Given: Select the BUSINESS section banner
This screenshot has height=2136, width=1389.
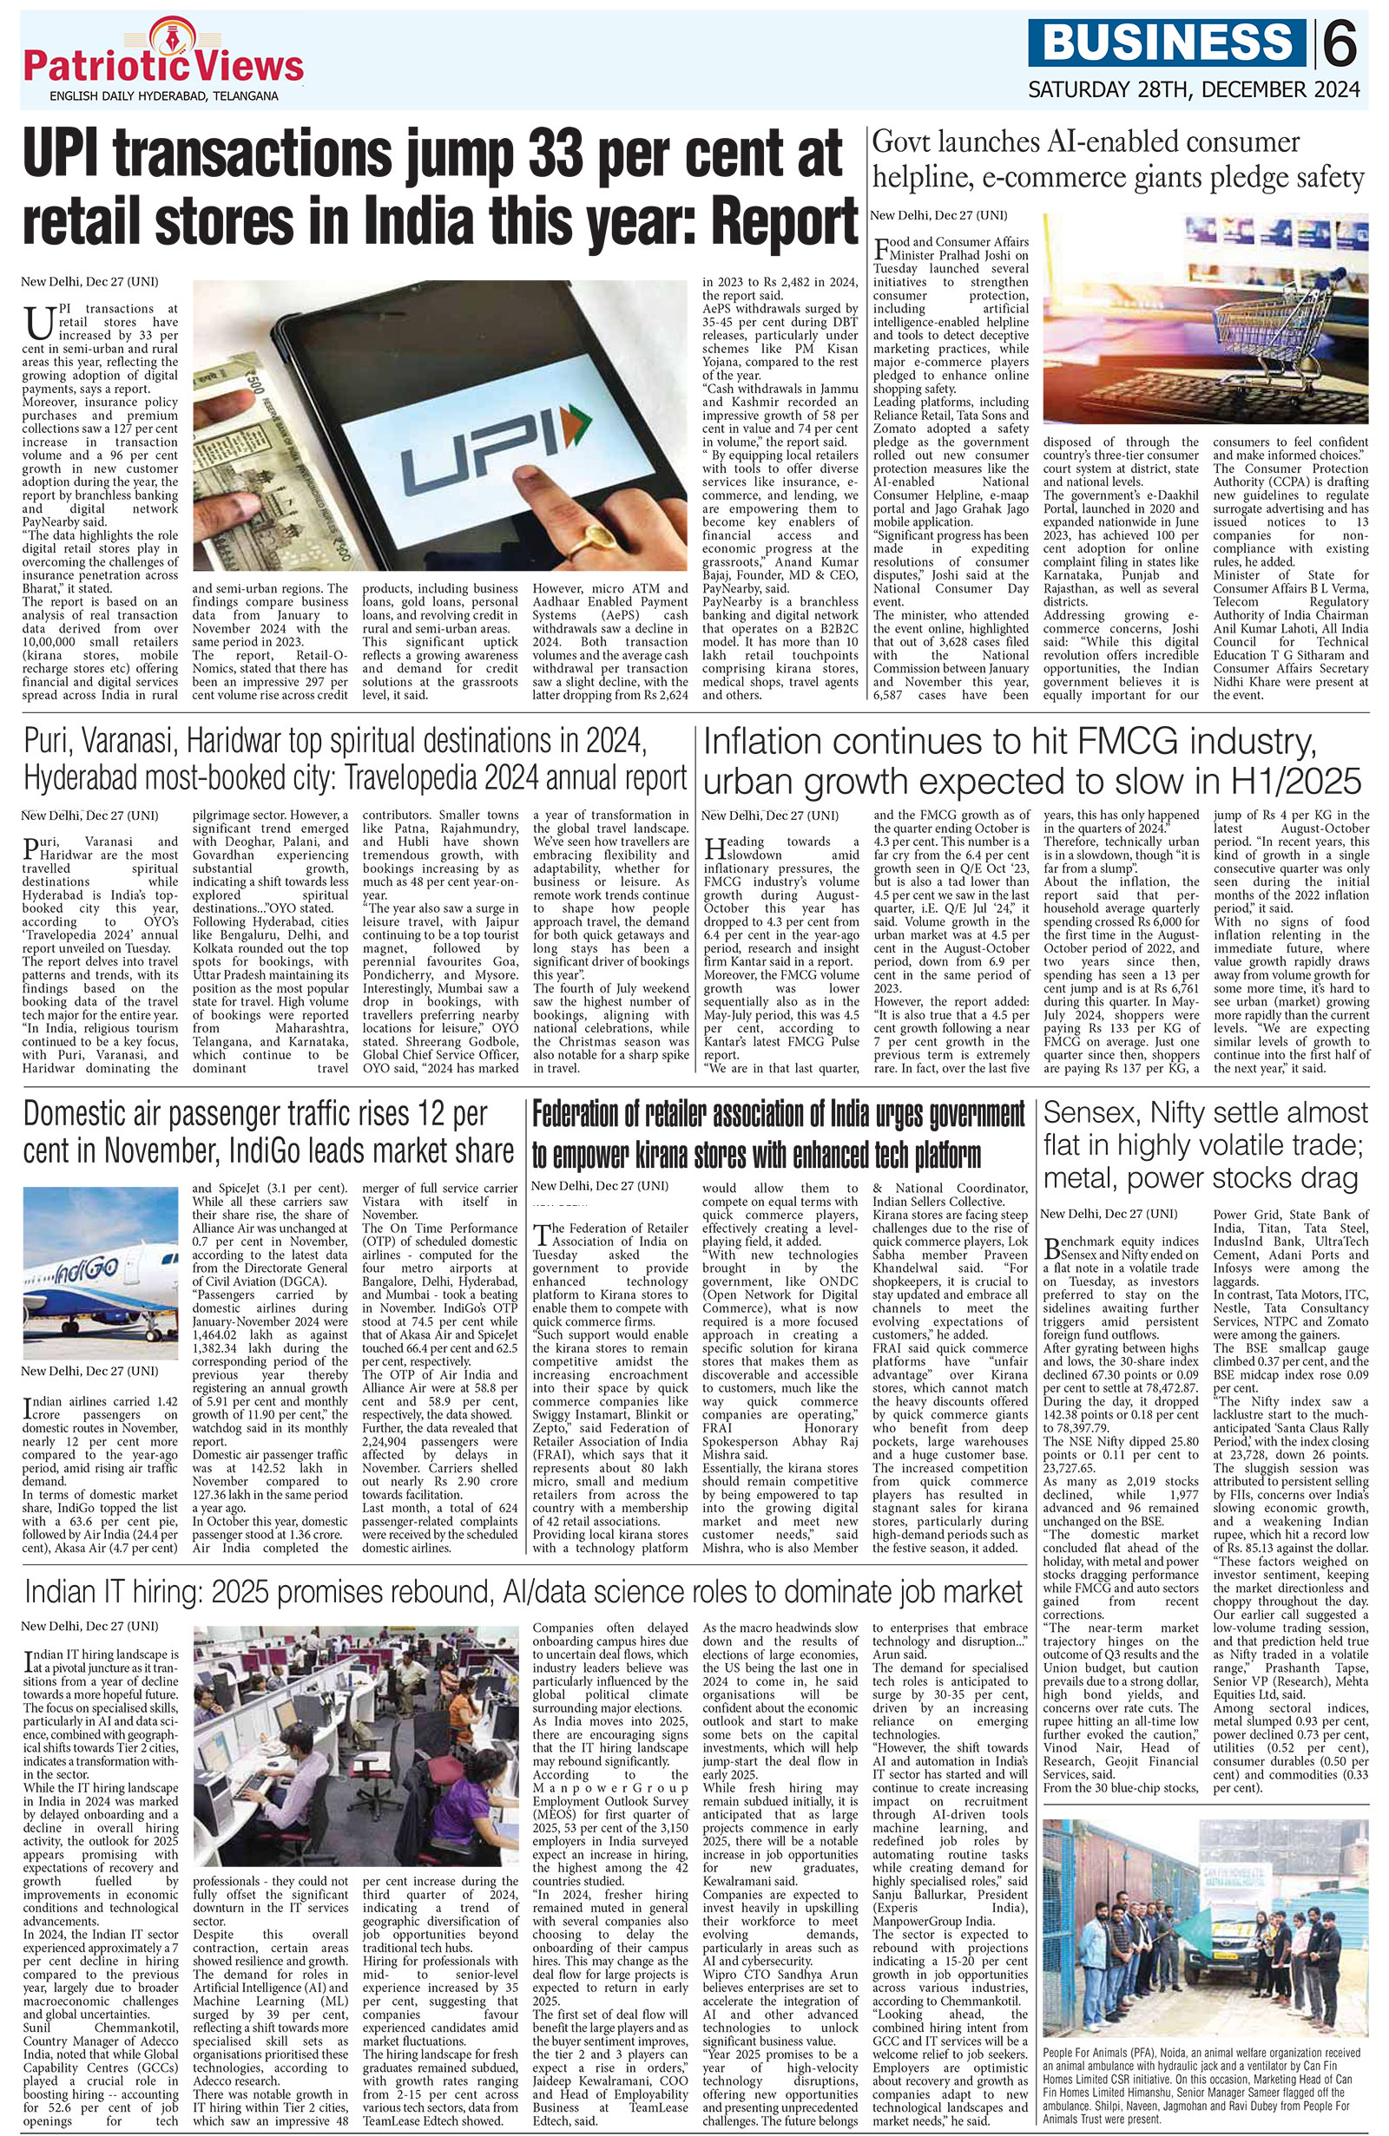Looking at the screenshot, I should tap(1168, 43).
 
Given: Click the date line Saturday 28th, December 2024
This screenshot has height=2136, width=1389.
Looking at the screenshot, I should tap(1194, 89).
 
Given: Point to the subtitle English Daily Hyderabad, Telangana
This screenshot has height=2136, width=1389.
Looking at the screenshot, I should tap(164, 95).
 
